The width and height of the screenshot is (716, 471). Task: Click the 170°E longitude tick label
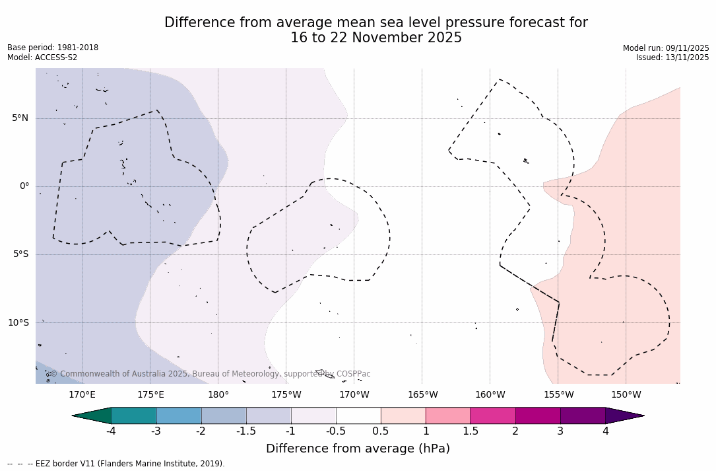pos(82,395)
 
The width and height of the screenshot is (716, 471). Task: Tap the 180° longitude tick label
pos(218,395)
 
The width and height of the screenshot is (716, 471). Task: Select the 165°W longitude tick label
pos(422,395)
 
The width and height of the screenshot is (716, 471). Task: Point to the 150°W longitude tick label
pos(626,395)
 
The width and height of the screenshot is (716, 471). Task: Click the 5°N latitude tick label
pos(20,118)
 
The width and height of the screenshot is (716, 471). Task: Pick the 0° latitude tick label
pos(24,186)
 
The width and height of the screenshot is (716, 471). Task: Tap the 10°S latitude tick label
pos(18,323)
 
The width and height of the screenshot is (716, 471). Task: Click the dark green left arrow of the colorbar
pos(92,416)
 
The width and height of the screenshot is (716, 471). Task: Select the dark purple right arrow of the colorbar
pos(624,416)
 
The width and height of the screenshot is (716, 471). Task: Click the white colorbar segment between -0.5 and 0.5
pos(358,416)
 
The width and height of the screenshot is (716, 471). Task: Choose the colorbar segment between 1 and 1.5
pos(448,416)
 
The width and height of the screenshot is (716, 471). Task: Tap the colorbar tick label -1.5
pos(246,431)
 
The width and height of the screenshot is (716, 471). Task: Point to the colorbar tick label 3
pos(560,431)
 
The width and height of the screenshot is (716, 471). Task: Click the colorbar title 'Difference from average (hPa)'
pos(358,449)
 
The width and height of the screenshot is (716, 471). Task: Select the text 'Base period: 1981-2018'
pos(53,48)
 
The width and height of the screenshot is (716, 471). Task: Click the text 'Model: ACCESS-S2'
pos(42,57)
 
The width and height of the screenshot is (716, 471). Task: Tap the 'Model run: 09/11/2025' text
pos(666,48)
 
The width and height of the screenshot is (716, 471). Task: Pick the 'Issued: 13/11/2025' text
pos(672,57)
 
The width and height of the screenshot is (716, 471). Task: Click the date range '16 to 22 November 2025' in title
pos(376,38)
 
